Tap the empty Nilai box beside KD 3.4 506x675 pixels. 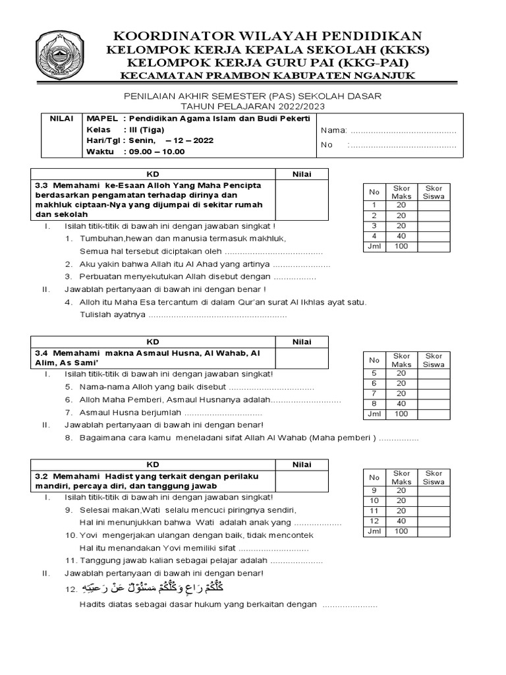[x=302, y=358]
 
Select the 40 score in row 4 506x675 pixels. [x=401, y=235]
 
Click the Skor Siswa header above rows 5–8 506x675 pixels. [x=434, y=360]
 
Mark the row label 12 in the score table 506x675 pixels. [x=374, y=520]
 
